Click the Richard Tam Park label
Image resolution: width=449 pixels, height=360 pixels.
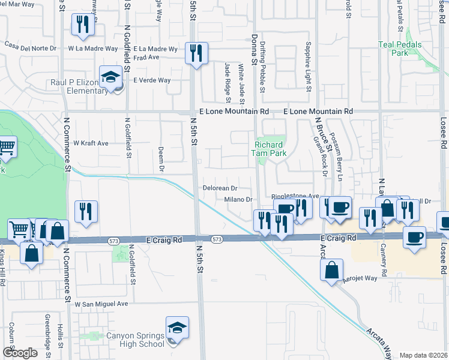269,149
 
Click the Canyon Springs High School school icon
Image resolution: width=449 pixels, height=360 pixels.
177,328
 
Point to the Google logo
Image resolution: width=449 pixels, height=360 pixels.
20,353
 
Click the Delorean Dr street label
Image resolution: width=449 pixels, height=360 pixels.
221,188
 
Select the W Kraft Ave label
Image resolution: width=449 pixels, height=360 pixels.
91,143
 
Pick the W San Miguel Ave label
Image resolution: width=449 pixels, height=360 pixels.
101,304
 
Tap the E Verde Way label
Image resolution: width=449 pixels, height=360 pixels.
152,80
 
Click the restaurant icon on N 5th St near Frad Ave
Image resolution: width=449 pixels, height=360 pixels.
196,54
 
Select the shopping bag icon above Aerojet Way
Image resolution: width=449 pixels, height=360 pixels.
331,271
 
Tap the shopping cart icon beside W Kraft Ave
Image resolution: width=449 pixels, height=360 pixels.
6,147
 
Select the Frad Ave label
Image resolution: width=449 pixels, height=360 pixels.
148,58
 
